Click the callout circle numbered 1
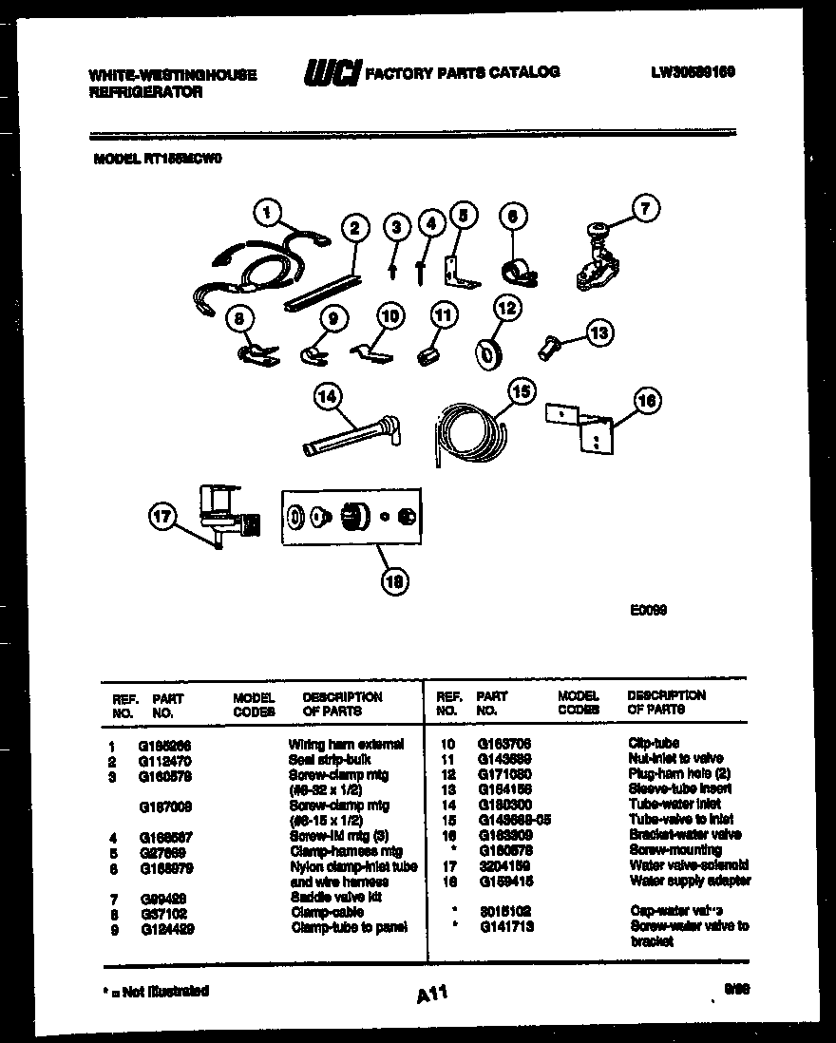269,213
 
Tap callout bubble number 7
646,209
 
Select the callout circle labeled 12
507,308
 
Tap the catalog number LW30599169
693,72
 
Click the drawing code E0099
648,611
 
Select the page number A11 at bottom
431,995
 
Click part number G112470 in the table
168,760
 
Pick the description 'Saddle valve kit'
335,897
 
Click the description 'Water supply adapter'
690,881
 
